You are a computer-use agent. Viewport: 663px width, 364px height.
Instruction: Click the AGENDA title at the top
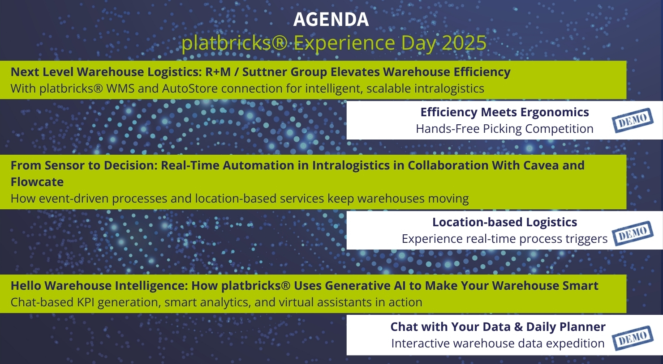click(x=331, y=20)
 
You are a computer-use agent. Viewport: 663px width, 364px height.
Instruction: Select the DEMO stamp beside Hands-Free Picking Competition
click(x=632, y=120)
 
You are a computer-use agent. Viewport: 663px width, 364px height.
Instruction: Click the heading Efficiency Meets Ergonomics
click(x=504, y=112)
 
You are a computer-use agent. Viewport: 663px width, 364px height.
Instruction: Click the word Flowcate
click(x=37, y=182)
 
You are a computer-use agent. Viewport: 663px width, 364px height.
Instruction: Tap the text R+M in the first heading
click(x=218, y=72)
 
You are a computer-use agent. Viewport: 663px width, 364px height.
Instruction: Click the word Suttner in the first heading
click(x=264, y=72)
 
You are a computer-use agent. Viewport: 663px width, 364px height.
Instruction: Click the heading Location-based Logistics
click(x=504, y=222)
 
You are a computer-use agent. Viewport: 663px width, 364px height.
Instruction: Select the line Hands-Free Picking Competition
click(x=504, y=129)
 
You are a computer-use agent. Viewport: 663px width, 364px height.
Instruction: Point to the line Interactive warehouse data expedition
click(x=498, y=343)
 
